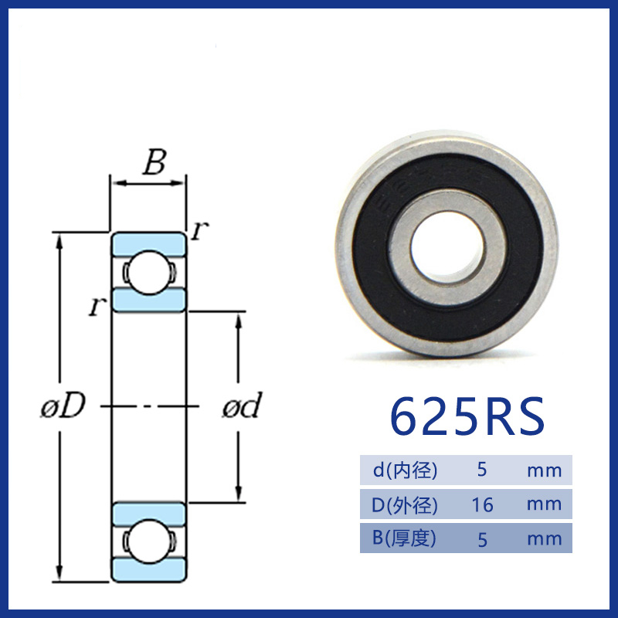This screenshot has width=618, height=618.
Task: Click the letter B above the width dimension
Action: click(x=154, y=162)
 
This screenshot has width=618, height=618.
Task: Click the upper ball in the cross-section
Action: click(x=148, y=273)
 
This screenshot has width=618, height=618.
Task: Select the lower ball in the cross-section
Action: click(x=148, y=542)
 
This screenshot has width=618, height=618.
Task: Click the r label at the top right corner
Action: click(x=199, y=230)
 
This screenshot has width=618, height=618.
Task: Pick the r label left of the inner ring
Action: click(x=97, y=306)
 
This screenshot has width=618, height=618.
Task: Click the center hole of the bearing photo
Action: click(x=447, y=247)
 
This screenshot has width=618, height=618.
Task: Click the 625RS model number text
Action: click(x=467, y=416)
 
